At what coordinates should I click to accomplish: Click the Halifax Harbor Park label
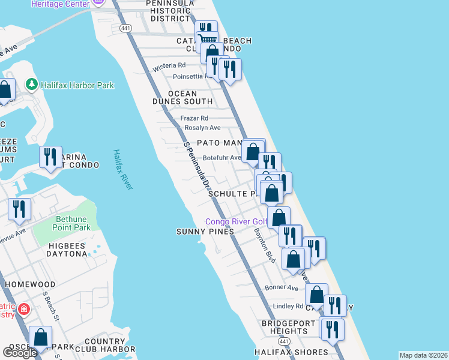77,85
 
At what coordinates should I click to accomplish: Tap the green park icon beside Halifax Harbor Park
32,85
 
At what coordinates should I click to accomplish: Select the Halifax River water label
122,169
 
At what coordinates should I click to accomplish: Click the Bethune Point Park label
73,223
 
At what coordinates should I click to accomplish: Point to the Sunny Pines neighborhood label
205,232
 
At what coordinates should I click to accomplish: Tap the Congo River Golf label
235,221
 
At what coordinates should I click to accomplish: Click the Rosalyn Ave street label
202,128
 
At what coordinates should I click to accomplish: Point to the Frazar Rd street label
194,118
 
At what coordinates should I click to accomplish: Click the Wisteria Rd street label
169,65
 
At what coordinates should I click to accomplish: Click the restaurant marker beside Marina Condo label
50,157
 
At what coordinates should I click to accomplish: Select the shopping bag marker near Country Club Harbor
41,337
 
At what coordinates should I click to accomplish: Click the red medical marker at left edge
23,310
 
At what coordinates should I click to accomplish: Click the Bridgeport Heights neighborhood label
285,327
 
